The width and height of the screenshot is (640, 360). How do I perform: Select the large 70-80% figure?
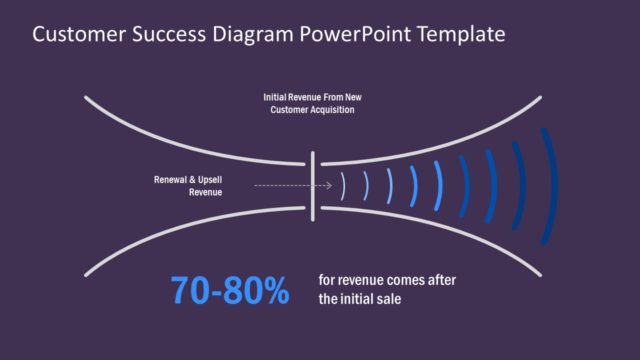pyautogui.click(x=229, y=291)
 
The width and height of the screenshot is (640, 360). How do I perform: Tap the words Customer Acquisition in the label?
pyautogui.click(x=312, y=109)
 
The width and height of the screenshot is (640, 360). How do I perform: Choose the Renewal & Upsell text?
pyautogui.click(x=188, y=179)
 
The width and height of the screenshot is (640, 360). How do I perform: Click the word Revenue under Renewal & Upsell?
pyautogui.click(x=205, y=191)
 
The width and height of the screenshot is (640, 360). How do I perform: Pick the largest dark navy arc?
pyautogui.click(x=548, y=185)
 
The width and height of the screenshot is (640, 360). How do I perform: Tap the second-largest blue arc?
pyautogui.click(x=519, y=185)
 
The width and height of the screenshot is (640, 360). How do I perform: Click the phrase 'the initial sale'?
pyautogui.click(x=360, y=298)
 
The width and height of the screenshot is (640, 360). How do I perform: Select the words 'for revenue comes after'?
pyautogui.click(x=386, y=280)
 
